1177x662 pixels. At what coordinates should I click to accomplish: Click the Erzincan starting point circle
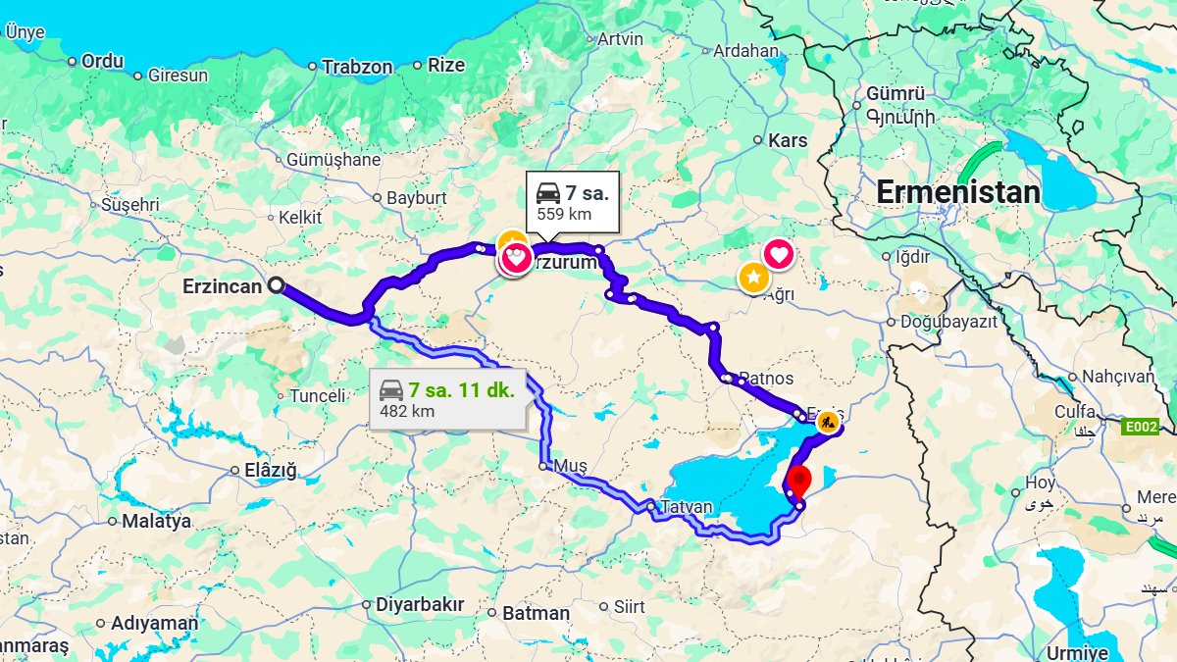(277, 285)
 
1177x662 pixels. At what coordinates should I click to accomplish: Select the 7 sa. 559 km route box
(573, 202)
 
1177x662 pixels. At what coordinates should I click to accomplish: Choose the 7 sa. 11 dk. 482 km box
(447, 399)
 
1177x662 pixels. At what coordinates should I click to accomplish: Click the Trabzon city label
(357, 68)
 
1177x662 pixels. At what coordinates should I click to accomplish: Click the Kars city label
(788, 140)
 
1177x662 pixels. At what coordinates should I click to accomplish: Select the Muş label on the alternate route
(570, 465)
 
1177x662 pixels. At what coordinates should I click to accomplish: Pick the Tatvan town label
(686, 507)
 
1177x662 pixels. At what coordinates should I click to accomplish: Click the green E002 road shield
(1141, 427)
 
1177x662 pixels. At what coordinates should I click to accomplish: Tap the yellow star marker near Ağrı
(752, 278)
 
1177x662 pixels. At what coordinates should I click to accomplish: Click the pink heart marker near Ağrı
(779, 255)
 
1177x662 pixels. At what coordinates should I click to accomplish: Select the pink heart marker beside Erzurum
(516, 259)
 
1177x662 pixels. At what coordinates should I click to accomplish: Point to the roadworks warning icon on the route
(828, 423)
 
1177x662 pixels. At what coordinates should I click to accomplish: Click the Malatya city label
(156, 521)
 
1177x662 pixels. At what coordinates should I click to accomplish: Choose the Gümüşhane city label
(333, 160)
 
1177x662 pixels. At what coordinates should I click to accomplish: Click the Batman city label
(536, 613)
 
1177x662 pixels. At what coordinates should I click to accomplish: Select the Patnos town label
(765, 379)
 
